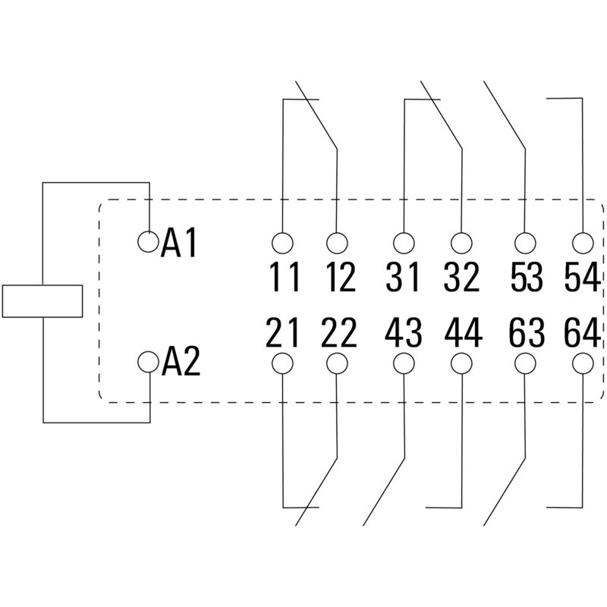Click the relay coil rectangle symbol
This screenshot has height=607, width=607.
pyautogui.click(x=42, y=300)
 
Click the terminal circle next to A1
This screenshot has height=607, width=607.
pyautogui.click(x=149, y=241)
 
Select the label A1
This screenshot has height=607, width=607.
pyautogui.click(x=180, y=244)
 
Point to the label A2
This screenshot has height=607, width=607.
pyautogui.click(x=181, y=363)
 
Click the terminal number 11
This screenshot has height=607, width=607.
pyautogui.click(x=285, y=278)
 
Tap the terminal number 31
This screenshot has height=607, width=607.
pyautogui.click(x=401, y=278)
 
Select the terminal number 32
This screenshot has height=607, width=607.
pyautogui.click(x=461, y=278)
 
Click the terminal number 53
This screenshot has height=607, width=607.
pyautogui.click(x=527, y=278)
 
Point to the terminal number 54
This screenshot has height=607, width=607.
pyautogui.click(x=582, y=278)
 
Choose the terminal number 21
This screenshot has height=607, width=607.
pyautogui.click(x=283, y=332)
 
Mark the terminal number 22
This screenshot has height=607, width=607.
pyautogui.click(x=338, y=332)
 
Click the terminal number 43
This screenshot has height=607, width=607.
pyautogui.click(x=403, y=332)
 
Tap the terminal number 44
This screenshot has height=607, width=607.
pyautogui.click(x=462, y=332)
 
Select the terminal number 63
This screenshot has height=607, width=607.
pyautogui.click(x=527, y=332)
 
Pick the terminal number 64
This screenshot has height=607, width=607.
pyautogui.click(x=582, y=332)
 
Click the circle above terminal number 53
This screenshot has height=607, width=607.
pyautogui.click(x=524, y=243)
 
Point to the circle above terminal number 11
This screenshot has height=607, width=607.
pyautogui.click(x=282, y=243)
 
